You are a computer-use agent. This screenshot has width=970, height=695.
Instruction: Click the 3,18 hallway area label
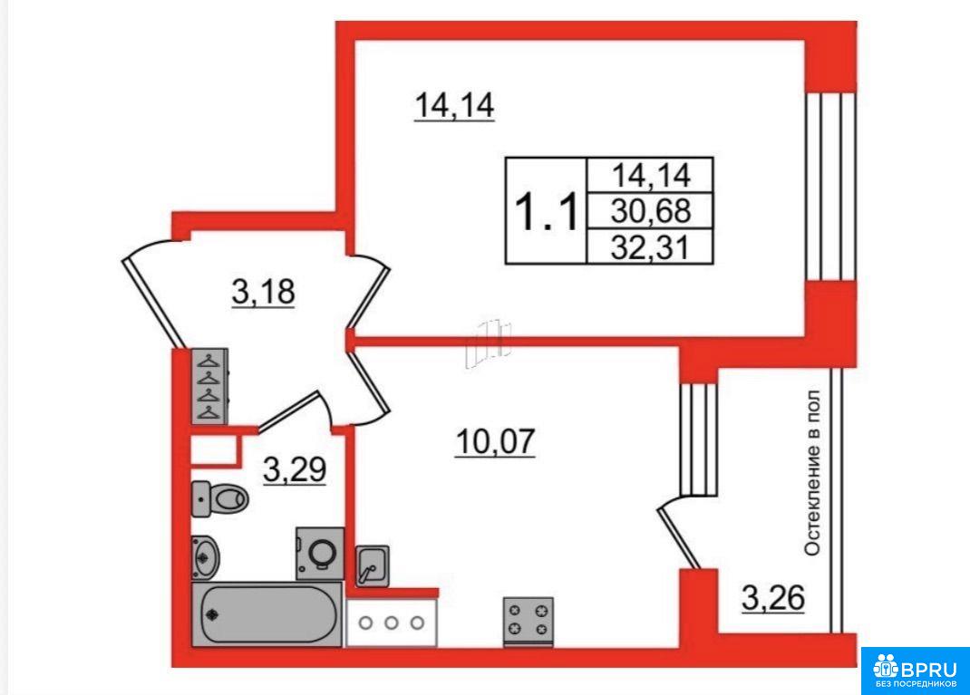tap(264, 292)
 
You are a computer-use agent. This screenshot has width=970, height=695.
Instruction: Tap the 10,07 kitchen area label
tap(495, 441)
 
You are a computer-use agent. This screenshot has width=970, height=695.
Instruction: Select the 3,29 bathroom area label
tap(295, 470)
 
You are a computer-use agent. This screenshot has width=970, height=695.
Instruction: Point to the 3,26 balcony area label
tap(773, 598)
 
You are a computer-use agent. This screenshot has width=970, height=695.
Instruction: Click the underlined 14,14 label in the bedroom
tap(454, 105)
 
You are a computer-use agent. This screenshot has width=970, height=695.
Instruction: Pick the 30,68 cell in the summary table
tap(650, 211)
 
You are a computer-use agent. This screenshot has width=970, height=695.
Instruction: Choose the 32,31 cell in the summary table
tap(650, 246)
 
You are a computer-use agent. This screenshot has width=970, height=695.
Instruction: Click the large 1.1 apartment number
tap(547, 211)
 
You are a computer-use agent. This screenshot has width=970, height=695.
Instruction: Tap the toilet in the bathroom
tap(219, 498)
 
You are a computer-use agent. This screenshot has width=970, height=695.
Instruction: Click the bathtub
tap(267, 614)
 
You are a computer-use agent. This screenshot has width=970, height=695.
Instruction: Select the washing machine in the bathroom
tap(320, 554)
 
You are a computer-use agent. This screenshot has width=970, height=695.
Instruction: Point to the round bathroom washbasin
tap(205, 555)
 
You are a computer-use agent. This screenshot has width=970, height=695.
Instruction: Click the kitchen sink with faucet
tap(373, 565)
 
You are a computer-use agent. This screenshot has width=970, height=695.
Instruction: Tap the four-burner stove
tap(529, 621)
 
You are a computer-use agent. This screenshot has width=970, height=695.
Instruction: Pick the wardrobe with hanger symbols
tap(209, 386)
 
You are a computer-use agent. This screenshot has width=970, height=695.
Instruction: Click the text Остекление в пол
tap(811, 473)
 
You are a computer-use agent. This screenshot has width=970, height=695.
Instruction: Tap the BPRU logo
tap(915, 671)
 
